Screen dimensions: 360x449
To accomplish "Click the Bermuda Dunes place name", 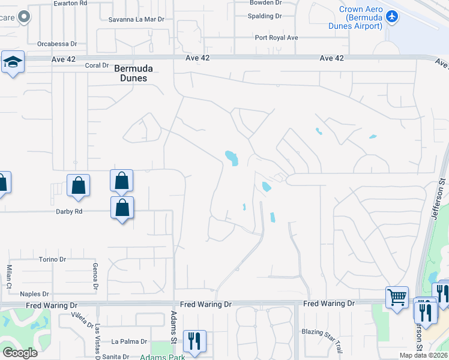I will tap(131, 73).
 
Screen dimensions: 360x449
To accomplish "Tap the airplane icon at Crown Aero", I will tap(393, 17).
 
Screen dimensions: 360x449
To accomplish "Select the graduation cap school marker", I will tap(12, 62).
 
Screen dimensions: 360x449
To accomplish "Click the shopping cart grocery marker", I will tap(397, 296).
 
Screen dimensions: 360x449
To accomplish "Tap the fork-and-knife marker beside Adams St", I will tap(194, 340).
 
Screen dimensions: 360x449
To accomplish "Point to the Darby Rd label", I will tap(69, 211).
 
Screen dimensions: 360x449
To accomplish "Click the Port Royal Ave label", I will tap(276, 37).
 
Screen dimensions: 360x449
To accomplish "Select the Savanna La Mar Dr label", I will tap(136, 19).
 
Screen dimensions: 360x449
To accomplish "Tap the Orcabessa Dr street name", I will tap(57, 44).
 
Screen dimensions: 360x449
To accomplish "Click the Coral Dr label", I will tap(97, 65).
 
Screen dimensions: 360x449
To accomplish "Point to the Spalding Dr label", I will tap(265, 16).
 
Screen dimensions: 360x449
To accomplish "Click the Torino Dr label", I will tap(52, 259).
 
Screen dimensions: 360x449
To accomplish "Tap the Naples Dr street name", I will tap(34, 293).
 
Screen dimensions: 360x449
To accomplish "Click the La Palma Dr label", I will tap(129, 341).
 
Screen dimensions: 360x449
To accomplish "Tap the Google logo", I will tap(20, 353).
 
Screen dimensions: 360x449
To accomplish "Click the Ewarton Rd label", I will tap(70, 2).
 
